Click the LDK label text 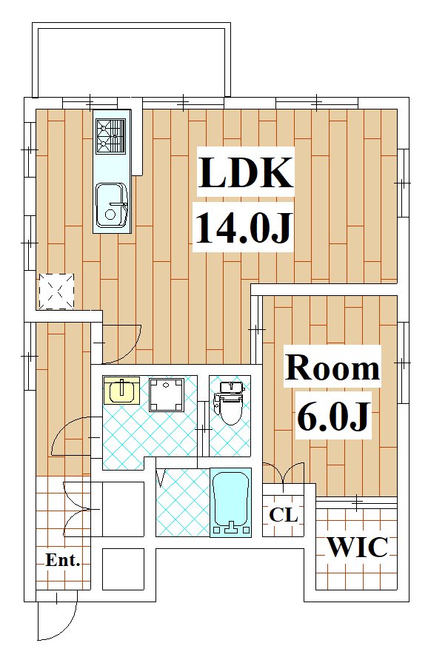[x=245, y=172]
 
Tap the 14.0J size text [x=243, y=228]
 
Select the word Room [x=332, y=368]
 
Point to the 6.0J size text [x=334, y=416]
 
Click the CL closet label [x=284, y=515]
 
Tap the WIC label [x=357, y=547]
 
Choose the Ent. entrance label [x=63, y=560]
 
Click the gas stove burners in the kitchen [x=110, y=135]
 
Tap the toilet [x=229, y=402]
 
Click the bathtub [x=230, y=502]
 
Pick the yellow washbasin [x=121, y=390]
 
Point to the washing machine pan [x=167, y=394]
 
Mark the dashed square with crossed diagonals [x=56, y=292]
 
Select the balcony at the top [x=132, y=59]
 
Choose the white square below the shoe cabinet [x=124, y=569]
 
